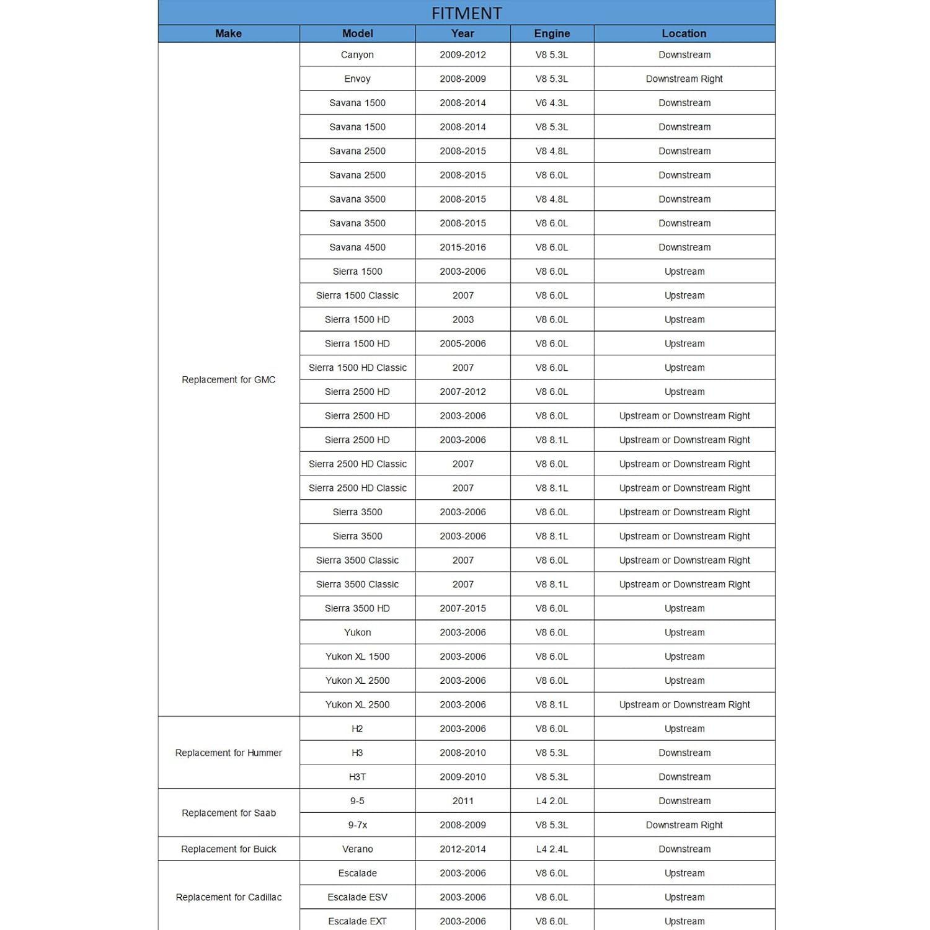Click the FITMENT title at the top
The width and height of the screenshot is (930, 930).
466,13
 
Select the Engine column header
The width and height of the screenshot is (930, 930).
552,33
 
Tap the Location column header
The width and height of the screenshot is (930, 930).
684,33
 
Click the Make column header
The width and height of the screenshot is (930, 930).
228,33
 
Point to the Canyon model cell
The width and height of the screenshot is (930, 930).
357,55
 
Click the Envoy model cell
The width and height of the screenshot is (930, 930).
357,79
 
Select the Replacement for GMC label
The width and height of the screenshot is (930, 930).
228,379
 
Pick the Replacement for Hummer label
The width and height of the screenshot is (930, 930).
228,753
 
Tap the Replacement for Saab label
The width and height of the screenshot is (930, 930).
228,813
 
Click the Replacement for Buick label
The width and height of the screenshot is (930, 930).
228,849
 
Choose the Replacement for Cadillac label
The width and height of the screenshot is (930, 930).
228,897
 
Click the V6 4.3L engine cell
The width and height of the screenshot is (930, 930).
552,103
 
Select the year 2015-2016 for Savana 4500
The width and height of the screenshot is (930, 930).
463,247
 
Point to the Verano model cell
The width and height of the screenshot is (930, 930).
357,849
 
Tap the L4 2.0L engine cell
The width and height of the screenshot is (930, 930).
552,801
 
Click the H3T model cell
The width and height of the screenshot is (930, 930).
357,777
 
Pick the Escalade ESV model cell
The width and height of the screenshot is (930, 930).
357,897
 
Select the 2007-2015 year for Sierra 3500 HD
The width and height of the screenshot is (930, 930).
463,608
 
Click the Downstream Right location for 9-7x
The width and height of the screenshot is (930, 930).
684,825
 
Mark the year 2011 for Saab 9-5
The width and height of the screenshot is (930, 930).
463,801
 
